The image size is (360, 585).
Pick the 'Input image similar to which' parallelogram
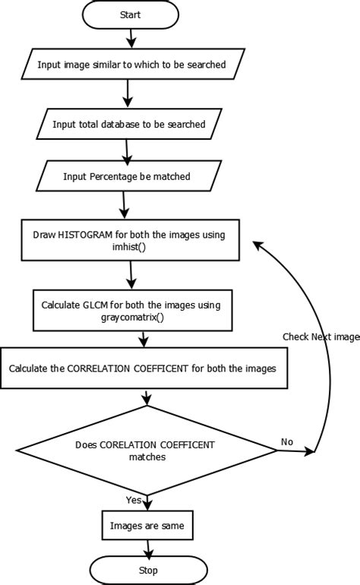point(132,65)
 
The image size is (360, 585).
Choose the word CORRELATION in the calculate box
point(100,368)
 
